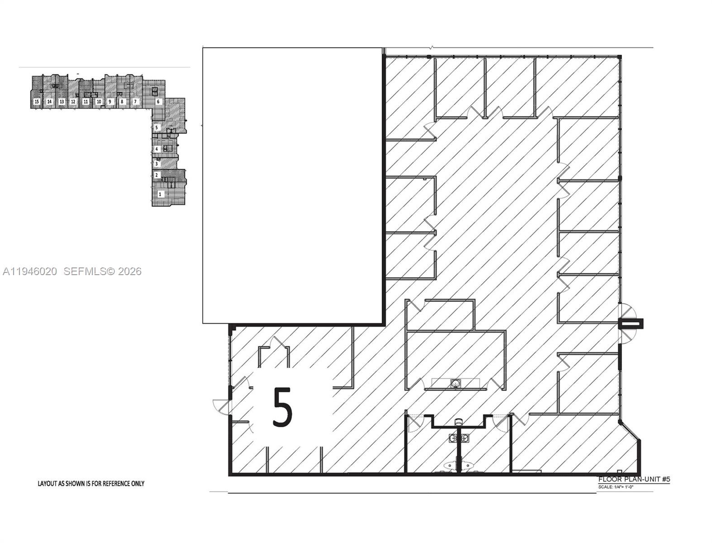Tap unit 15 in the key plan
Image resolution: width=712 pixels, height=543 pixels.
37,102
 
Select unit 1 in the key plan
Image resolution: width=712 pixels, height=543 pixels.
159,194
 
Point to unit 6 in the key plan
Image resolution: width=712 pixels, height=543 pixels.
158,102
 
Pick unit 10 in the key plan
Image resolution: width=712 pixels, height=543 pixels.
99,102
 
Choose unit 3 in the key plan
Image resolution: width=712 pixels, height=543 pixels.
157,163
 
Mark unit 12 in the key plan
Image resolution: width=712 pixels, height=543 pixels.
73,102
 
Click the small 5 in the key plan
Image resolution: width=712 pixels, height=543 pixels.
157,128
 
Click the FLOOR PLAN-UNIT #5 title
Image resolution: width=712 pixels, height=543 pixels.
634,479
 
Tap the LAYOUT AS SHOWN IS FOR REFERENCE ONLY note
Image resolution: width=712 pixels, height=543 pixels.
91,483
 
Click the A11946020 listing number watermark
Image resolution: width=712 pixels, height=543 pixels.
30,271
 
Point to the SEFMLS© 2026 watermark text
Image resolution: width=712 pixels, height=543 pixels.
103,271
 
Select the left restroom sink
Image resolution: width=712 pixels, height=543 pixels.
452,438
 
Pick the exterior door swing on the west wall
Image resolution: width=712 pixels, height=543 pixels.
222,406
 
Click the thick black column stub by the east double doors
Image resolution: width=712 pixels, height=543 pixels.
631,324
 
